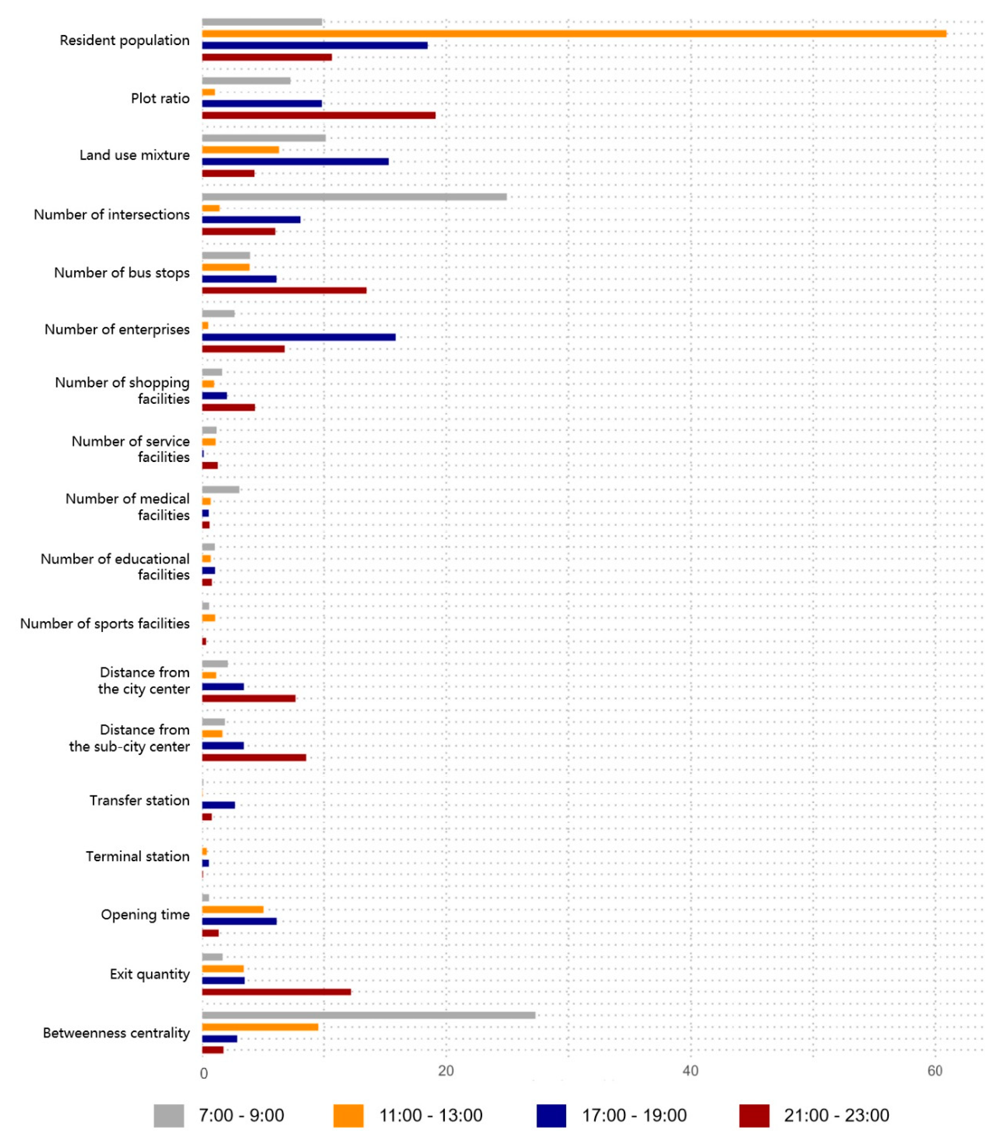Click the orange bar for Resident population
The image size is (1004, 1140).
(x=574, y=33)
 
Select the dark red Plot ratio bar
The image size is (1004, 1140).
(x=318, y=115)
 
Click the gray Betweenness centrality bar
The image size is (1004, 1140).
(x=368, y=1015)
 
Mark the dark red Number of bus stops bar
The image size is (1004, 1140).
(x=284, y=290)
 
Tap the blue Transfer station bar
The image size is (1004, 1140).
(x=218, y=805)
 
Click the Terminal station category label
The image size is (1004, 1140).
(x=137, y=856)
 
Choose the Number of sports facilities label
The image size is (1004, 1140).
(x=105, y=623)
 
